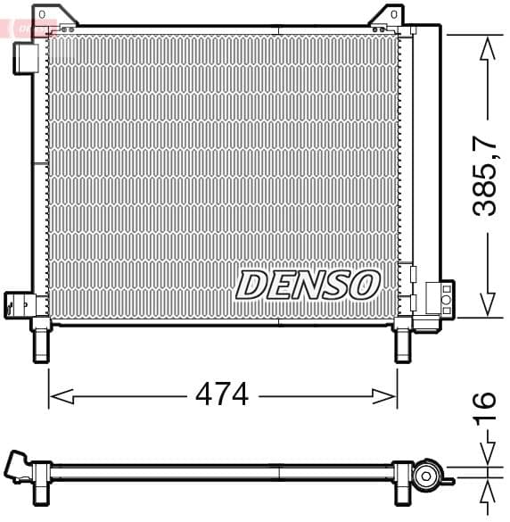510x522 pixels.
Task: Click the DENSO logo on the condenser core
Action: (x=308, y=285)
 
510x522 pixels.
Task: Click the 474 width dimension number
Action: (x=222, y=394)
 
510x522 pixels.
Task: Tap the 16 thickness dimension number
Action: (x=484, y=411)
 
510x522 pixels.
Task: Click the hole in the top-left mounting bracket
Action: (x=39, y=15)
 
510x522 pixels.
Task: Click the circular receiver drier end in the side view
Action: (x=426, y=476)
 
